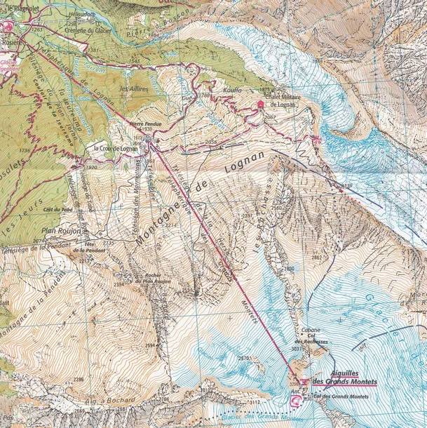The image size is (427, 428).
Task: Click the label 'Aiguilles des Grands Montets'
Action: coord(344,378)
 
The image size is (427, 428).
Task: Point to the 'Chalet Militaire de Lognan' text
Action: coord(276,101)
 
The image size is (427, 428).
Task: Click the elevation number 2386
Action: coord(79,380)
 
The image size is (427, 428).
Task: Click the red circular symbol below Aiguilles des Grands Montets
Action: coord(295,400)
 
